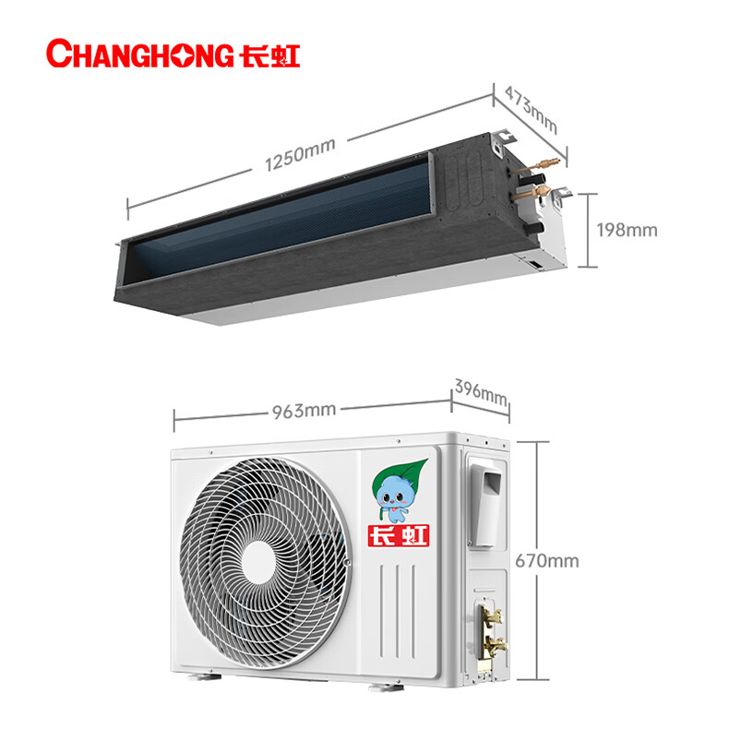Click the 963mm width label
point(305,410)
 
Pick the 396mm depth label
point(481,393)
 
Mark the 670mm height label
point(547,560)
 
